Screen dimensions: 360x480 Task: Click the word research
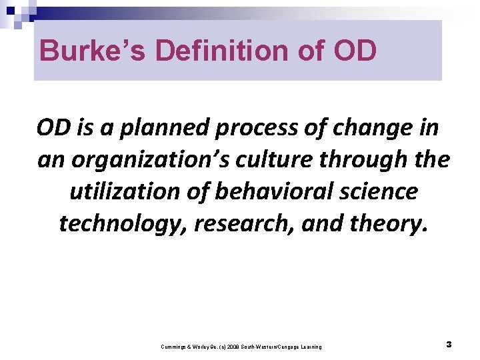click(243, 223)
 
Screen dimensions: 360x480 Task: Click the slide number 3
click(449, 345)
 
